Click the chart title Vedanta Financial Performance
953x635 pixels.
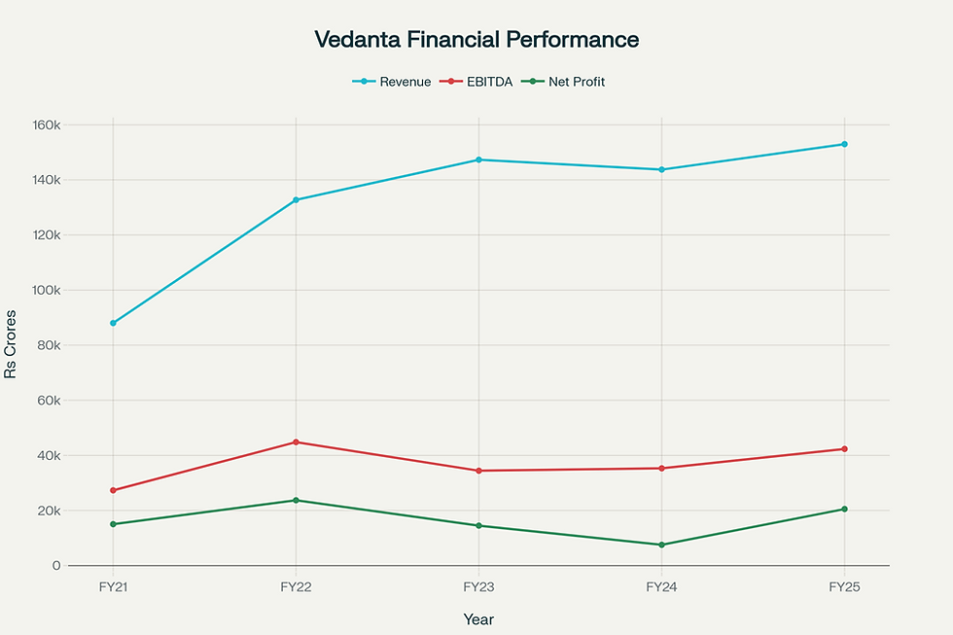point(476,40)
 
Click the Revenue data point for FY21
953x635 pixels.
point(113,323)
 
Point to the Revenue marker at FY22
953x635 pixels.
point(296,200)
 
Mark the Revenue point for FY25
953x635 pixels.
point(844,144)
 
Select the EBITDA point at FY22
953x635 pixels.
point(296,442)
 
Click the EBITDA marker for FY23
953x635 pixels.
point(478,471)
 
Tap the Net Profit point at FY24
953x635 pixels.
point(661,545)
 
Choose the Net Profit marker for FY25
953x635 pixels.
point(844,510)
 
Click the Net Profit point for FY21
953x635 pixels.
point(113,524)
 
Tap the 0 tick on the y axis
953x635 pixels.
point(56,565)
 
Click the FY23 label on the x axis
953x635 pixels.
point(478,587)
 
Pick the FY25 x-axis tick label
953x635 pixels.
point(844,587)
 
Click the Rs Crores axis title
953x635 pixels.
point(12,345)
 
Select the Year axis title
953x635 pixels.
point(478,618)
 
